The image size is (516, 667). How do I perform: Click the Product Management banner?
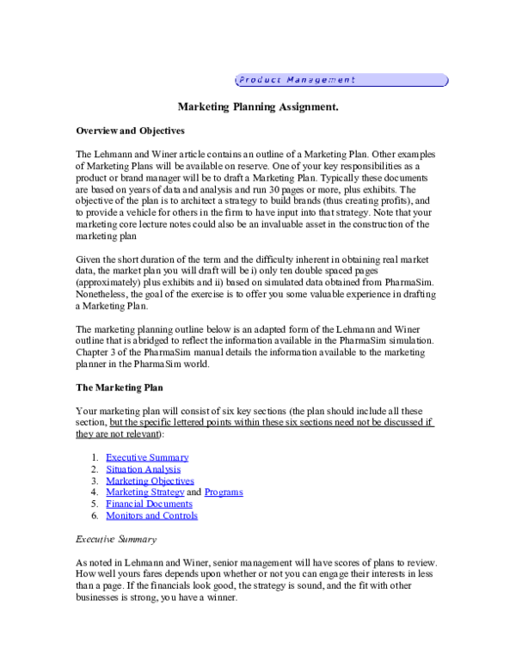point(342,80)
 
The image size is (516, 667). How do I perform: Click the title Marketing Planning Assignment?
point(258,107)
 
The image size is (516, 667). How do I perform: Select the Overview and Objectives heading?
point(130,131)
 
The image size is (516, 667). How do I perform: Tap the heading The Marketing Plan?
point(120,388)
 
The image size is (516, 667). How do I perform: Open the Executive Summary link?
point(147,457)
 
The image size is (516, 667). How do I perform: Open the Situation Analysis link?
point(144,469)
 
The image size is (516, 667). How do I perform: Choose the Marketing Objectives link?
point(150,480)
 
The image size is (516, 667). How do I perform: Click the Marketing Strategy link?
point(145,492)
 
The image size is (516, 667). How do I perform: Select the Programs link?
point(224,492)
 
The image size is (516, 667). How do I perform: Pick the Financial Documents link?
point(149,504)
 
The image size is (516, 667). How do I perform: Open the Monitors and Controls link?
point(152,516)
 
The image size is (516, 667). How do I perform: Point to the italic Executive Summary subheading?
point(116,539)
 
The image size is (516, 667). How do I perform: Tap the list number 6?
point(95,516)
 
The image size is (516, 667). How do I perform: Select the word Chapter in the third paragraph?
point(90,352)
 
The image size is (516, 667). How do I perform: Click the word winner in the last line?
point(222,597)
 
